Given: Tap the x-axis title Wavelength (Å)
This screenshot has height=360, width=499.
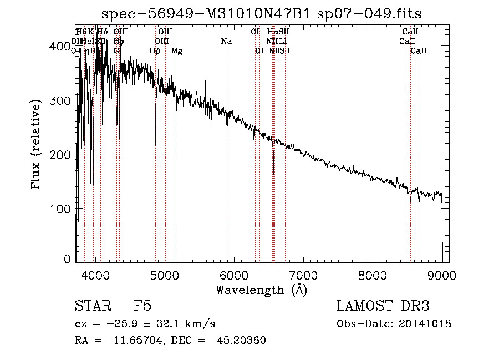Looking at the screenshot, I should pos(261,290).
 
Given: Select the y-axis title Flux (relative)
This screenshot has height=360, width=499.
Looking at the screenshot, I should pos(37,145).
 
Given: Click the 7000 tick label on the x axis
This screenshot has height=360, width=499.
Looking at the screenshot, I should pos(303,275).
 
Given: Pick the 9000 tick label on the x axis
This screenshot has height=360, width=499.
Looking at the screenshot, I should pos(442,275).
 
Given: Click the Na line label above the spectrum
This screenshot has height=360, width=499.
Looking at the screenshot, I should pos(226,41).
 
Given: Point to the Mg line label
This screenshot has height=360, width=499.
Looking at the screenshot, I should pos(176,51).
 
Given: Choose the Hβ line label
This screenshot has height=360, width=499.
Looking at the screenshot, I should pos(155,51).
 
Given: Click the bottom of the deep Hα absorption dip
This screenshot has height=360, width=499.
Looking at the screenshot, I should pos(273,174).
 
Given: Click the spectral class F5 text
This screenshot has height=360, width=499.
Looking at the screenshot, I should pos(143,307).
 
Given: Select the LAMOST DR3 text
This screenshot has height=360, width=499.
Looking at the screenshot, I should pos(383,307).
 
